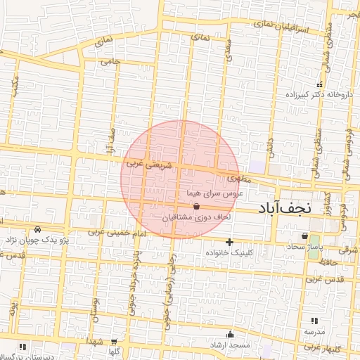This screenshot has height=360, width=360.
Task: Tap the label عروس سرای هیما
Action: click(214, 192)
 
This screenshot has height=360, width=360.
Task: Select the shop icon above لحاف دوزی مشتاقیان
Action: click(195, 207)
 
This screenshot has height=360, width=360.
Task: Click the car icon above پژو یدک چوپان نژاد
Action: click(37, 229)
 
